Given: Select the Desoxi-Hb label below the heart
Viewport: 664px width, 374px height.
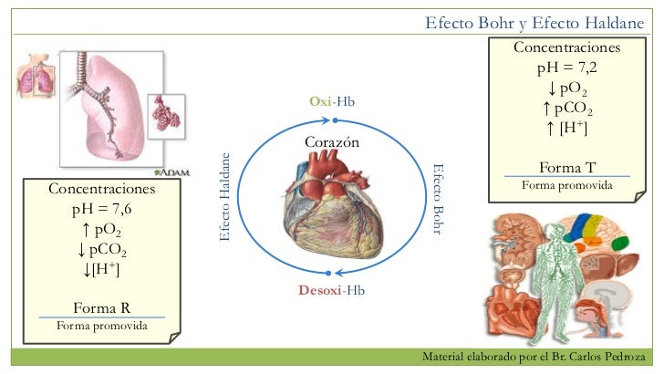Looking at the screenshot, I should coord(331,290).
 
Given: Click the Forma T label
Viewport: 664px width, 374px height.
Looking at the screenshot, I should coord(566,168).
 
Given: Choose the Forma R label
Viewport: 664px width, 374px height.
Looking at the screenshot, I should coord(101,306).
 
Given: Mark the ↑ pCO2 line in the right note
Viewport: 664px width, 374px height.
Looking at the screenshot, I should coord(566,109).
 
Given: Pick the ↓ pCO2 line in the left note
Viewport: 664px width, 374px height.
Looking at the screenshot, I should coord(101,251).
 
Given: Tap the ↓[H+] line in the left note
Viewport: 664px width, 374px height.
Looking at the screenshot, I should coord(101,270).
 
